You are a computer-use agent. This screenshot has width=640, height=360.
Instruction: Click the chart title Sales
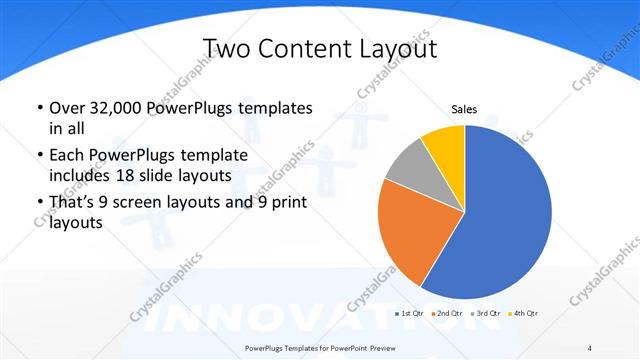click(464, 109)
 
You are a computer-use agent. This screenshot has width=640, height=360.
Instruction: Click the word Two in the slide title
click(225, 47)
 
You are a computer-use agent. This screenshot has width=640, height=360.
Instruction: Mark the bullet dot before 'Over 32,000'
click(37, 108)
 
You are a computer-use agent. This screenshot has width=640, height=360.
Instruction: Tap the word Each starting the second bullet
click(67, 155)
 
